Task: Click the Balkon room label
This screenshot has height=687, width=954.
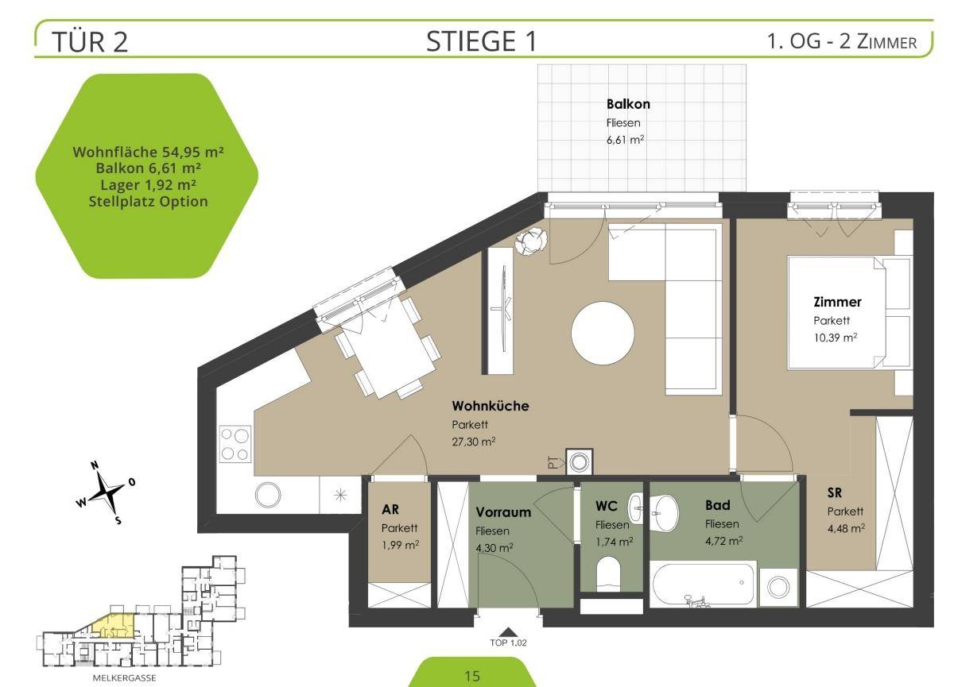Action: pos(628,104)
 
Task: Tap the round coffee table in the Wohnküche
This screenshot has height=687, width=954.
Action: pos(603,333)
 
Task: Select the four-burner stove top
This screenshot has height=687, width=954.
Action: pos(235,445)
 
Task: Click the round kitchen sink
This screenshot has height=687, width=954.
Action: pos(268,494)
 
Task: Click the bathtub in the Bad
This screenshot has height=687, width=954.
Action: pos(704,584)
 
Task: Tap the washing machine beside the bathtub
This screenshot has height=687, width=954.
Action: pos(778,587)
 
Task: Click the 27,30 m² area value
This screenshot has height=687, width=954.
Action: pos(474,442)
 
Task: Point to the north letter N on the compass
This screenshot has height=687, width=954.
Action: pos(95,465)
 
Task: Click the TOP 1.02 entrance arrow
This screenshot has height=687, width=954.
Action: pos(507,631)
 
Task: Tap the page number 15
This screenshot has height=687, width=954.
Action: pos(472,676)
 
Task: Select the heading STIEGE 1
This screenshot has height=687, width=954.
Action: pos(481,41)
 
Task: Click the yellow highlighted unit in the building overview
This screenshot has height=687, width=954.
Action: pos(114,626)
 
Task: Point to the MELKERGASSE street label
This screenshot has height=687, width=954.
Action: pos(124,678)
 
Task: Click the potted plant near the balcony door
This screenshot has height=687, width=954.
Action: pos(531,241)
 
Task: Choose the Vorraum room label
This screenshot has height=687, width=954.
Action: pos(503,512)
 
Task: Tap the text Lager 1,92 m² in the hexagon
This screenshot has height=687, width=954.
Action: pos(148,185)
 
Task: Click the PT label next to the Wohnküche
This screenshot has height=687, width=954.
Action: pos(553,462)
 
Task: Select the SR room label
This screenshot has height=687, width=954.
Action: pos(834,492)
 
